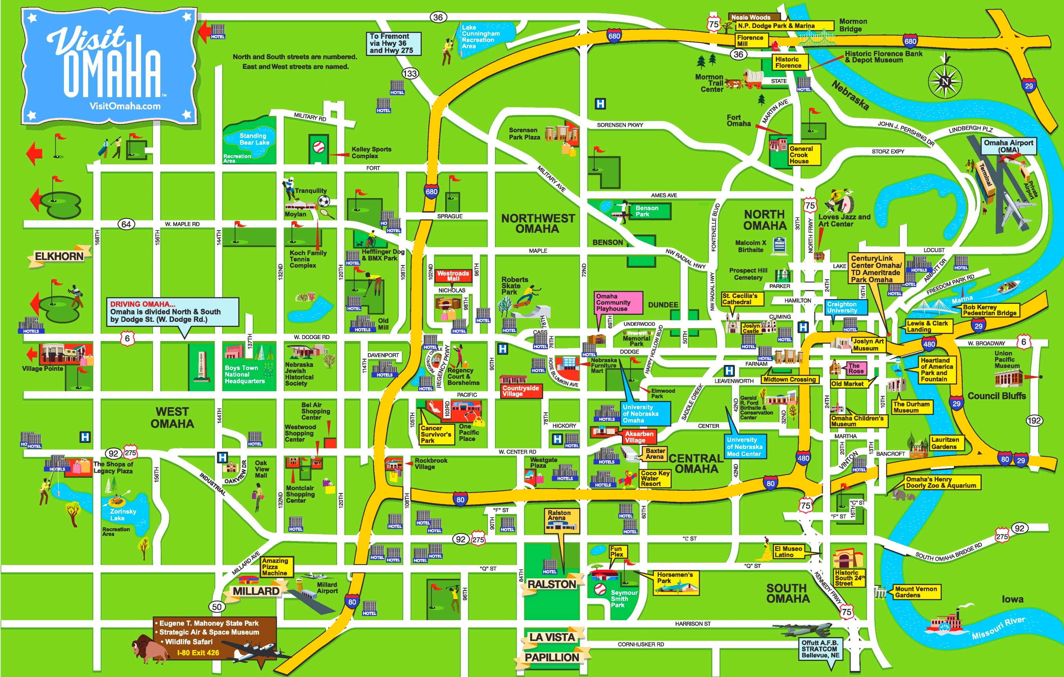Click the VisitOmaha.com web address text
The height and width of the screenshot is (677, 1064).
(125, 106)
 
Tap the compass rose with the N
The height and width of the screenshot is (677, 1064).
(945, 81)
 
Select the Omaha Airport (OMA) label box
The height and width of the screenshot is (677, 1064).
(1008, 146)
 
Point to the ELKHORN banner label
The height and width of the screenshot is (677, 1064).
(59, 256)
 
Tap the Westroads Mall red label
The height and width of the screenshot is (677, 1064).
(453, 276)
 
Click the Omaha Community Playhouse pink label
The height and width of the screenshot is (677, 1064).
(617, 303)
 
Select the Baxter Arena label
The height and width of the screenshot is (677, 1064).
(655, 453)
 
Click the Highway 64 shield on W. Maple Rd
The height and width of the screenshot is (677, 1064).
(126, 224)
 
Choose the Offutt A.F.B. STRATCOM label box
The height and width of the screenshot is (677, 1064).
(819, 649)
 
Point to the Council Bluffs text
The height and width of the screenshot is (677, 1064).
(996, 396)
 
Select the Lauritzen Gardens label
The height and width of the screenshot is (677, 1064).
(945, 443)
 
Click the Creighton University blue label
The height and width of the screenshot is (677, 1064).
(845, 307)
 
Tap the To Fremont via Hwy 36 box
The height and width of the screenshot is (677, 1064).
(393, 43)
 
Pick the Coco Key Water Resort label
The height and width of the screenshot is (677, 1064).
(655, 478)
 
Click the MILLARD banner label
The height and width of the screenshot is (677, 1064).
(256, 591)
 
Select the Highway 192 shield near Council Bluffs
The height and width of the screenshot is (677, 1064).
(1034, 421)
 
